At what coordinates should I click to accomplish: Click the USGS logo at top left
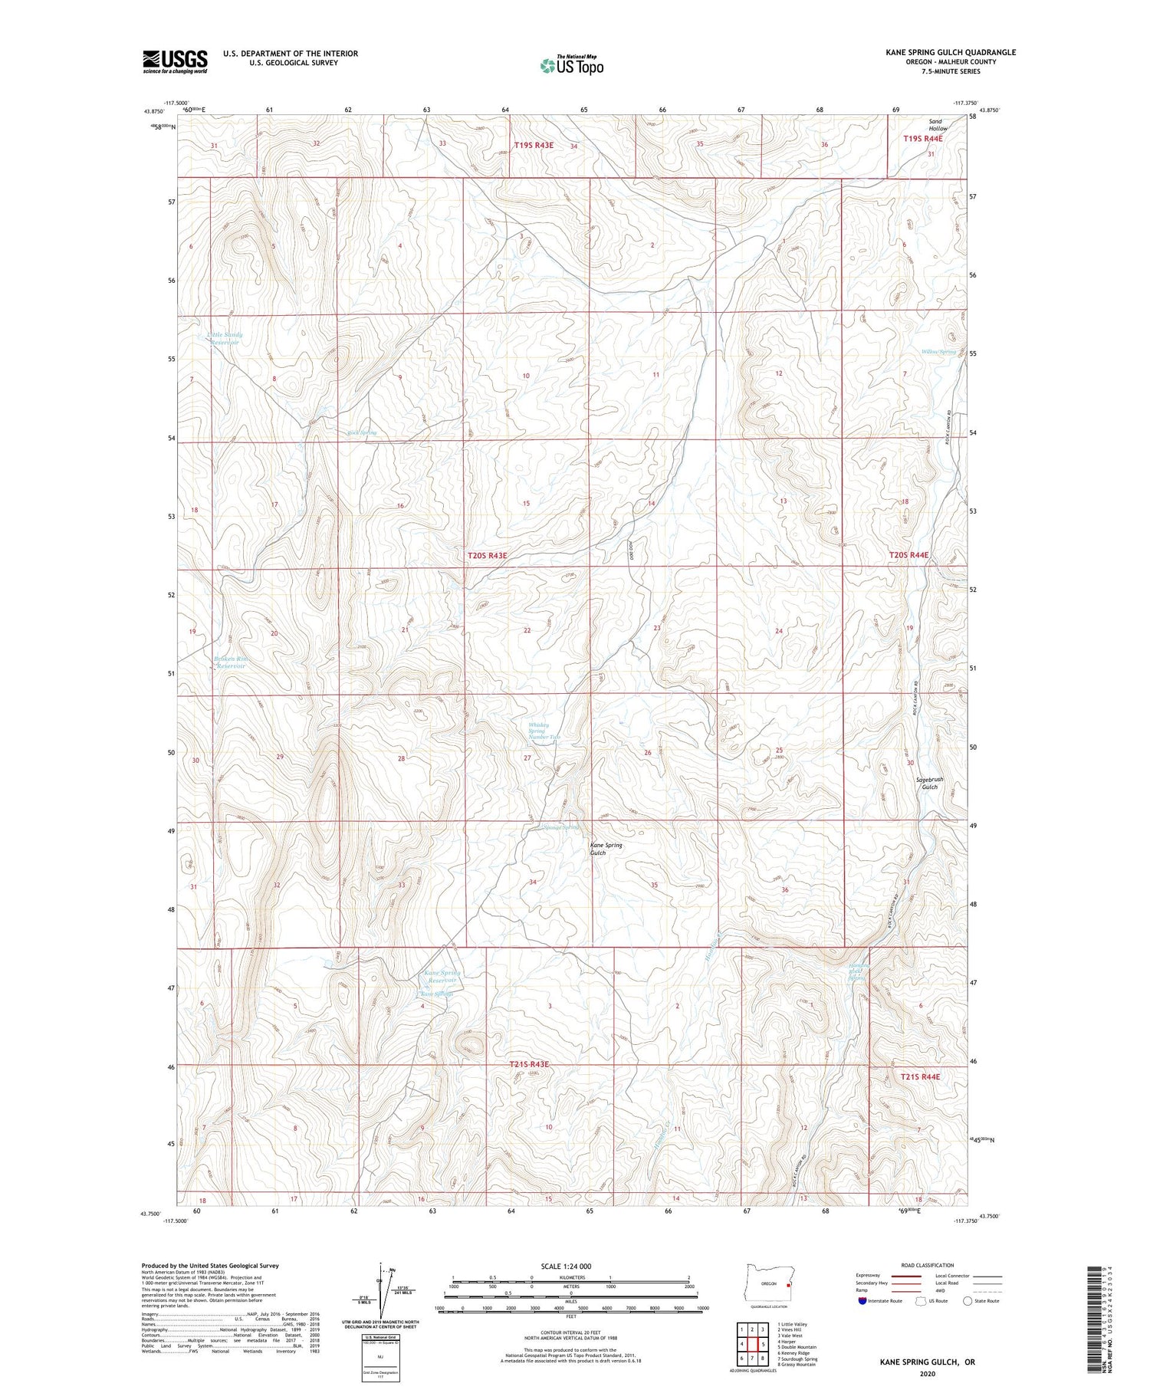pyautogui.click(x=175, y=61)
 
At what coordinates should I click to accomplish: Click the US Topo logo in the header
pyautogui.click(x=571, y=65)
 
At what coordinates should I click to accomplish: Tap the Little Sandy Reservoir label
pyautogui.click(x=224, y=339)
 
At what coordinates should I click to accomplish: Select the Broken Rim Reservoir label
pyautogui.click(x=231, y=662)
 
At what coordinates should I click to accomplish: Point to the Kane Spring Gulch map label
pyautogui.click(x=606, y=849)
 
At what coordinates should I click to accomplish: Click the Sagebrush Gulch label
pyautogui.click(x=929, y=783)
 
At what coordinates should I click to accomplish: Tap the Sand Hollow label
pyautogui.click(x=937, y=124)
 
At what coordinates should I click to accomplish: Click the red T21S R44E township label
pyautogui.click(x=919, y=1076)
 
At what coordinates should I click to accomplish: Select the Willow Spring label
pyautogui.click(x=938, y=352)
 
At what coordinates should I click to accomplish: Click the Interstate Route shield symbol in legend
pyautogui.click(x=863, y=1300)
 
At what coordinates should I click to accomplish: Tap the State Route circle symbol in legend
pyautogui.click(x=968, y=1300)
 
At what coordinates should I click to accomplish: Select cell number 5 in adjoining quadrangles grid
pyautogui.click(x=764, y=1344)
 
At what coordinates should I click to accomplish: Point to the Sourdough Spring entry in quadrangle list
pyautogui.click(x=797, y=1359)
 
